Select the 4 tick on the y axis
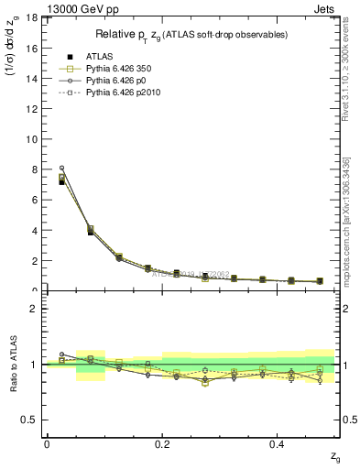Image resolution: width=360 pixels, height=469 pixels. tap(36, 230)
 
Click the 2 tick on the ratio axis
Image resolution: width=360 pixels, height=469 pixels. tap(36, 309)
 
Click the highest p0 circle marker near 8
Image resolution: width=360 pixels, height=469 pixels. tap(61, 168)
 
